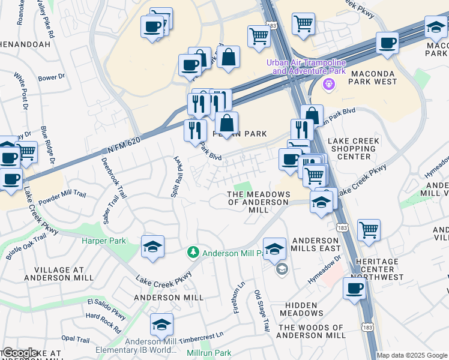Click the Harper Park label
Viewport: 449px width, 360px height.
[104, 241]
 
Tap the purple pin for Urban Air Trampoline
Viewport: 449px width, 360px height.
[328, 85]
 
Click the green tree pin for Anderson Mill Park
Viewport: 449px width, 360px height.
[193, 253]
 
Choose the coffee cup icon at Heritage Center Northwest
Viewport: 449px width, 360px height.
[354, 288]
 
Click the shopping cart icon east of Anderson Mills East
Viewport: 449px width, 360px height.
[369, 229]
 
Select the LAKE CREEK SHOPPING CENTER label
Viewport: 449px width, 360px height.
[353, 148]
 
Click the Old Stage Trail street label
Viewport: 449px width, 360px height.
[262, 311]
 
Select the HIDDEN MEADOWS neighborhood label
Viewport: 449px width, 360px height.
[301, 309]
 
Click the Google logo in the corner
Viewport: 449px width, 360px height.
[20, 353]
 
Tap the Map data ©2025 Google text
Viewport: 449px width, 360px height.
[412, 355]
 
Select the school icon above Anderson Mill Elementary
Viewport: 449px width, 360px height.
[161, 324]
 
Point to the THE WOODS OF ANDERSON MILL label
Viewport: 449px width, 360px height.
[312, 331]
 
